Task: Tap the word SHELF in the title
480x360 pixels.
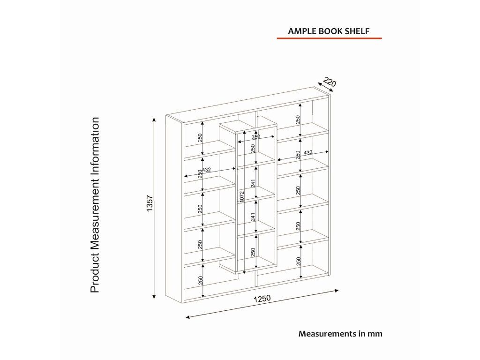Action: coord(358,31)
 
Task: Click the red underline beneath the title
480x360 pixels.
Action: coord(329,38)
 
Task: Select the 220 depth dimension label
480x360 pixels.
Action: coord(330,83)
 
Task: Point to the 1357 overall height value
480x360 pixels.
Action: coord(150,204)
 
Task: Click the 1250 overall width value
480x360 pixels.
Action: coord(262,299)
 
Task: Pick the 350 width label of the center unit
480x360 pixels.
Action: coord(255,137)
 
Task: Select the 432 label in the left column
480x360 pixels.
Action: coord(206,170)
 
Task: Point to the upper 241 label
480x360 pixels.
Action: coord(253,184)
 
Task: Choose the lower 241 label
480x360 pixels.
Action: coord(253,217)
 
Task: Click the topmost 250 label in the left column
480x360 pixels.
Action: coord(200,138)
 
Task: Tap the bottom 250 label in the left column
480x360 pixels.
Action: coord(200,280)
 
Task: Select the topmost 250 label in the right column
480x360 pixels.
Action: coord(298,120)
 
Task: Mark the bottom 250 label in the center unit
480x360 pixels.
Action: coord(253,253)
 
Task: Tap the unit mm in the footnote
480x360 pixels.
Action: coord(375,334)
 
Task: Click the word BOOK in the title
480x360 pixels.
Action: coord(330,31)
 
